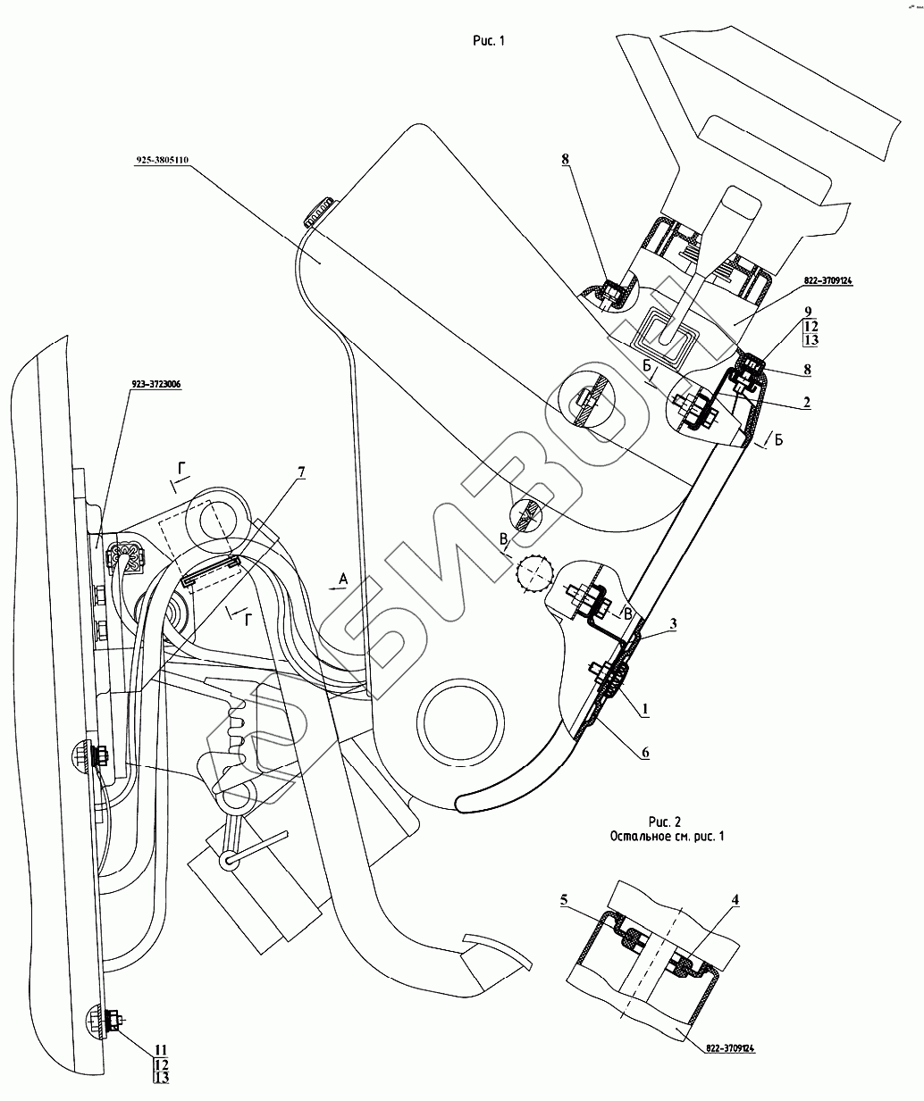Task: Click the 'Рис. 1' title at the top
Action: point(490,40)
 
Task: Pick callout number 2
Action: point(806,403)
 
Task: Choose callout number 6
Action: point(644,753)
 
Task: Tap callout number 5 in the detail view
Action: point(565,901)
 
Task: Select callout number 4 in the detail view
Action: point(735,901)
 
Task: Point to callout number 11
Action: point(160,1048)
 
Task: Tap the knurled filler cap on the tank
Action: point(317,211)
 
